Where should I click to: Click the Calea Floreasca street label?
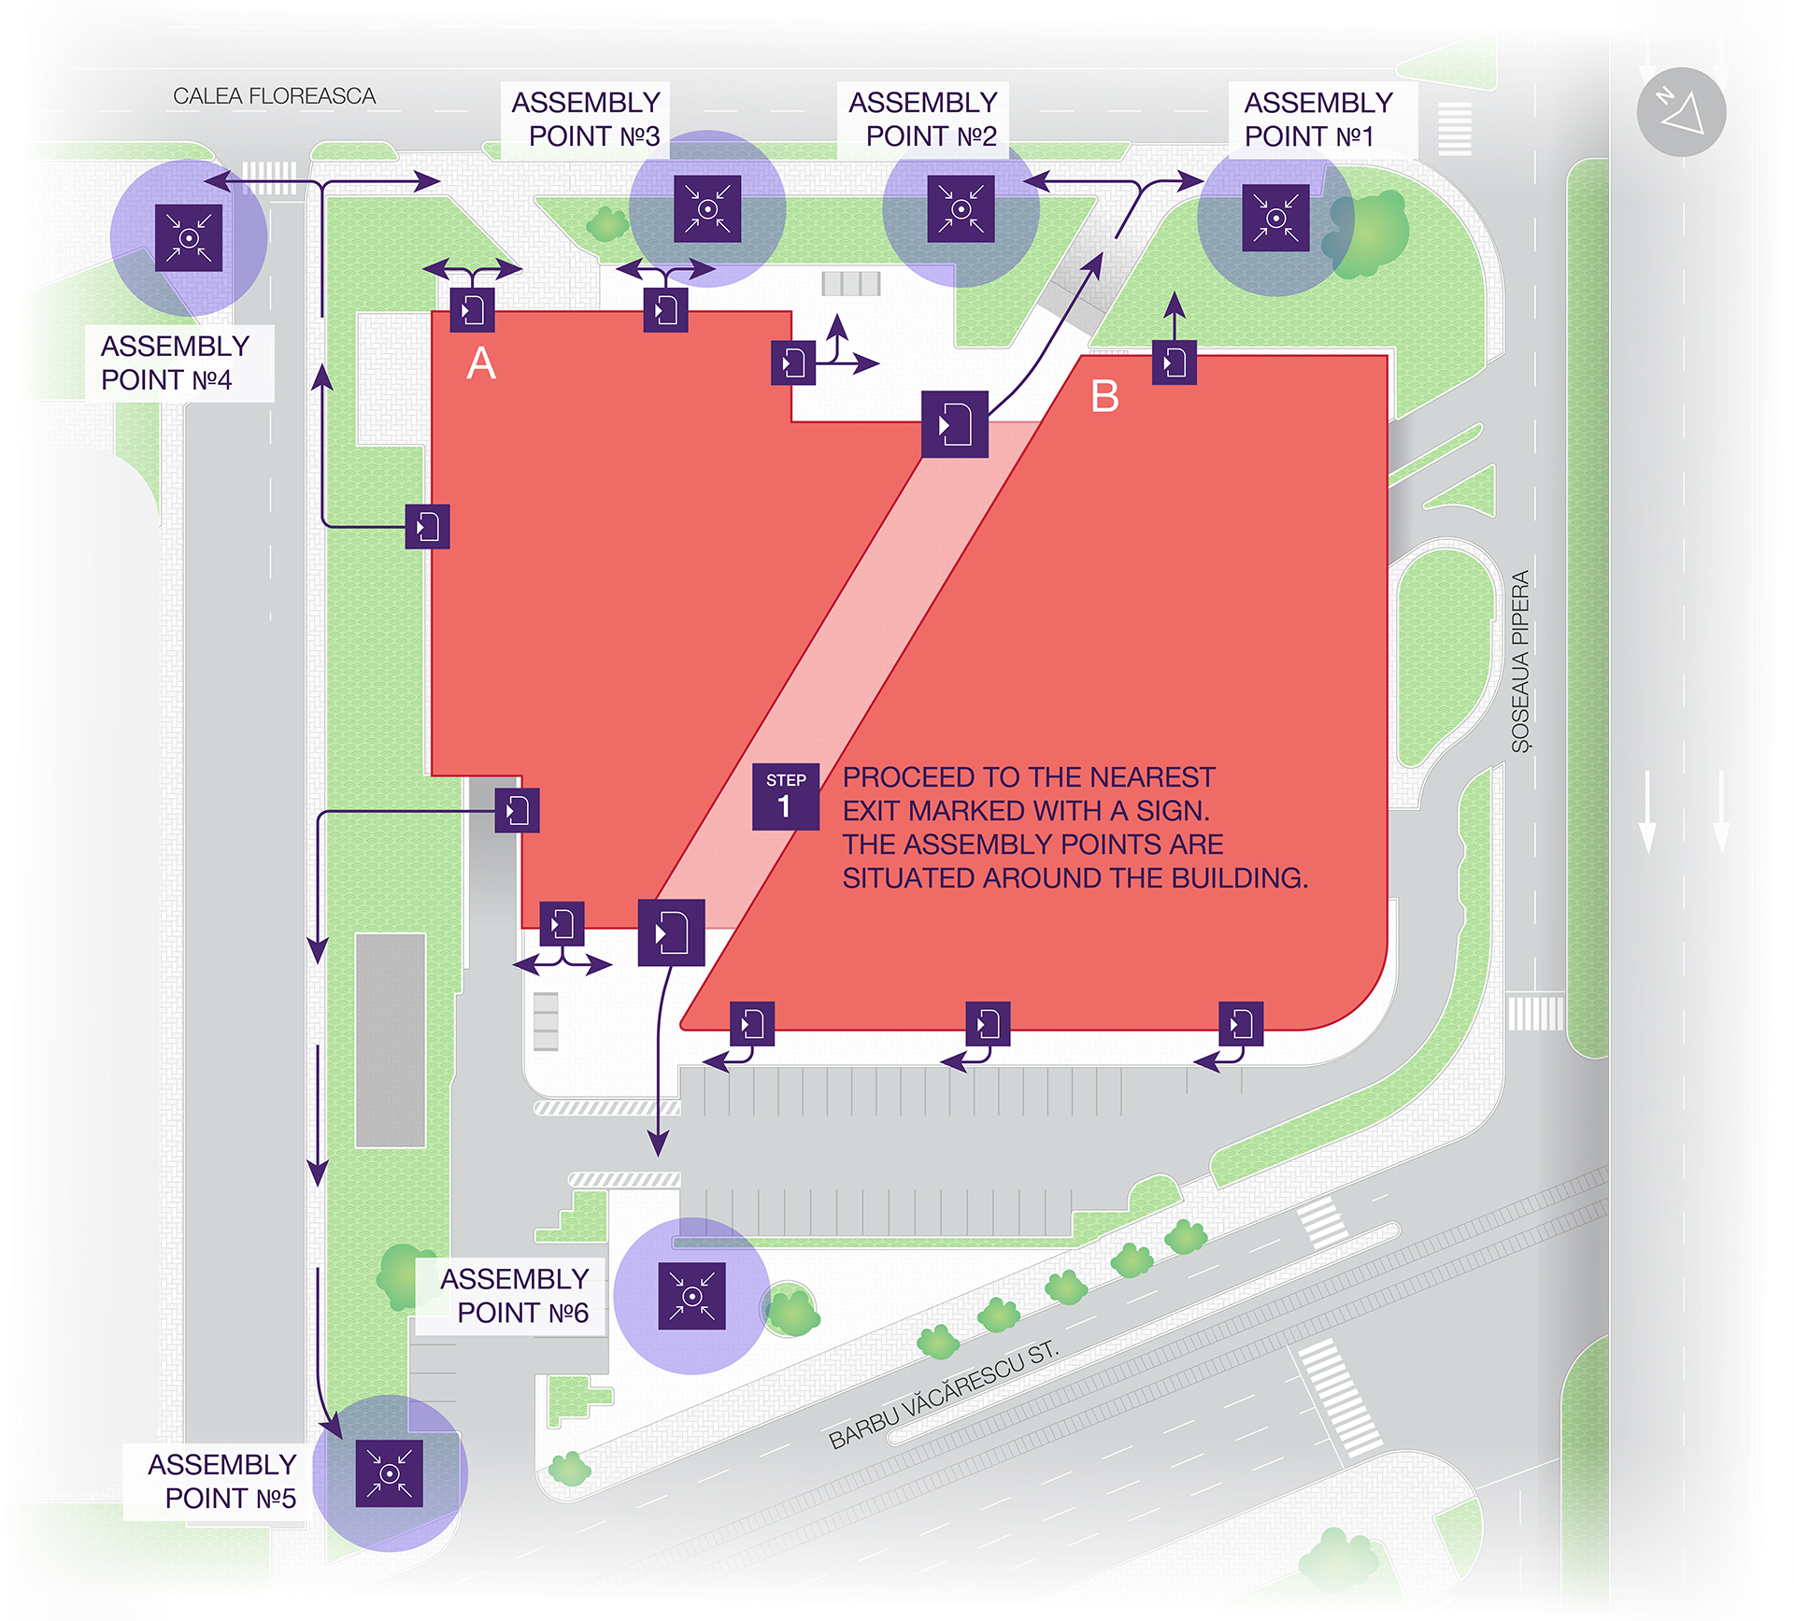[274, 96]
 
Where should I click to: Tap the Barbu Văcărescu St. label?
[944, 1393]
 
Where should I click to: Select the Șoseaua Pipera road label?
[1521, 661]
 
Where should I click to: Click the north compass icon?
[1681, 112]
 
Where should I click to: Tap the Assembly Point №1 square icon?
[1275, 218]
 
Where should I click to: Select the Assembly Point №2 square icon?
[961, 208]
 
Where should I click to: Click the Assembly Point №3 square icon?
[707, 208]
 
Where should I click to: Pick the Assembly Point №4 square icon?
[189, 237]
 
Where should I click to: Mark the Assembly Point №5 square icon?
[390, 1473]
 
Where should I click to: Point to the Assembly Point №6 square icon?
[691, 1296]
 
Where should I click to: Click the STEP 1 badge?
[786, 797]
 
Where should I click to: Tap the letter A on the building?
[481, 363]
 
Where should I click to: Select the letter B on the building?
[1104, 397]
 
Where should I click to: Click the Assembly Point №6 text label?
[515, 1296]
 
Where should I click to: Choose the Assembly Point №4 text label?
[175, 363]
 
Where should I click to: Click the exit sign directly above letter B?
[1175, 363]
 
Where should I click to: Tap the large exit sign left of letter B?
[954, 424]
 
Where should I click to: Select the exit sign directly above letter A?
[472, 309]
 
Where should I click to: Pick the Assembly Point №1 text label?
[1317, 119]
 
